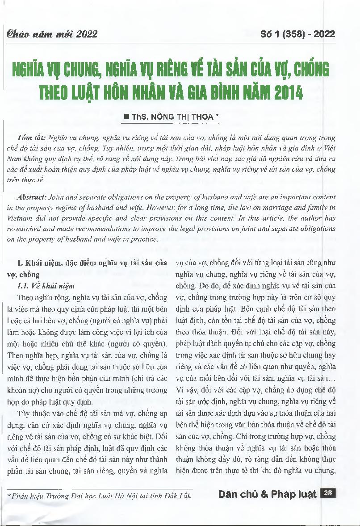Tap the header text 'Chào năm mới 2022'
(x=50, y=34)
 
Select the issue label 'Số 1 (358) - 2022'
(x=297, y=34)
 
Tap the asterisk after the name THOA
(x=217, y=116)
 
